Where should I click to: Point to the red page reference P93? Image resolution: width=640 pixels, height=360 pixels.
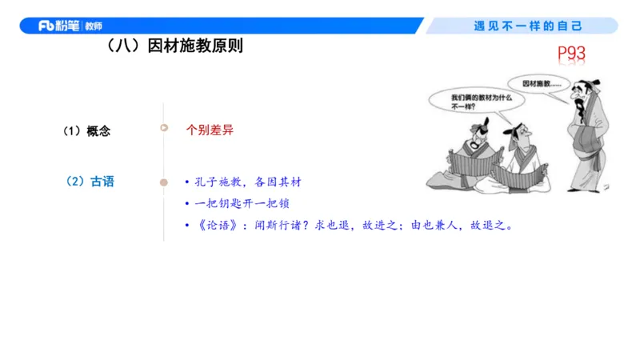point(572,54)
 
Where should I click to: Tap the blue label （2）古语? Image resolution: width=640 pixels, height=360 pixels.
point(90,182)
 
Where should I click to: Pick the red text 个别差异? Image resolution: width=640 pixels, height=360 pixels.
point(210,130)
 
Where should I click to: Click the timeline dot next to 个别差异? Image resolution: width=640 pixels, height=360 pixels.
point(164,128)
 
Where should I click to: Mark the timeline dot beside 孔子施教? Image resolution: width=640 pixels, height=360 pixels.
point(164,182)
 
